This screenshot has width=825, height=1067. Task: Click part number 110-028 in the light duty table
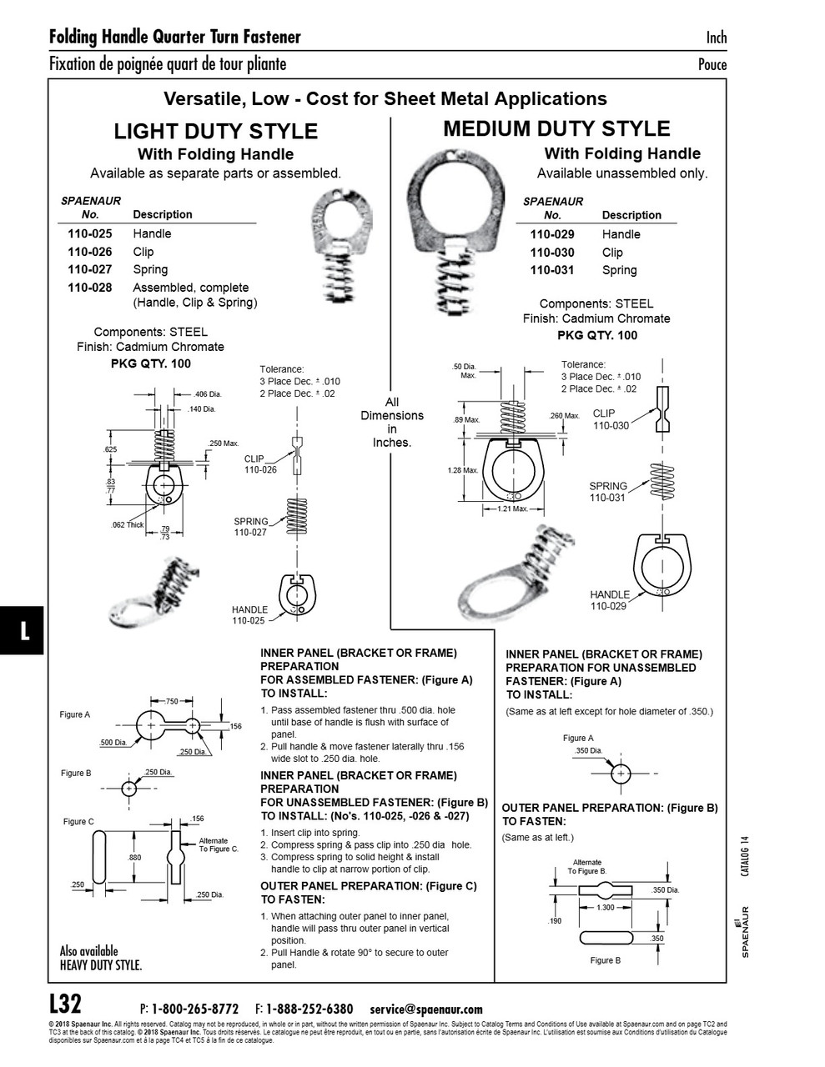89,288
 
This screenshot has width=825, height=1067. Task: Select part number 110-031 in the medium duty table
552,270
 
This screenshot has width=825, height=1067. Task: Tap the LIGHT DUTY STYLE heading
215,132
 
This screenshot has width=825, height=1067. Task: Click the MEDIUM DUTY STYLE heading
556,129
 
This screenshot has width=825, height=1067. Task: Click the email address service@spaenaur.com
425,1009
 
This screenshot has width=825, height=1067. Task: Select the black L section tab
24,631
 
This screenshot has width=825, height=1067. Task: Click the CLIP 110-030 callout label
611,419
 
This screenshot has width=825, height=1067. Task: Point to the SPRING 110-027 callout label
250,527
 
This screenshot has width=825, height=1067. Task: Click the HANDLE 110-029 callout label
609,600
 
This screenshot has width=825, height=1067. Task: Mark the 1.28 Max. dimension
463,471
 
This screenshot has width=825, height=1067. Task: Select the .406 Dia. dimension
207,394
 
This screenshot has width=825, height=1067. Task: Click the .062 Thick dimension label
128,525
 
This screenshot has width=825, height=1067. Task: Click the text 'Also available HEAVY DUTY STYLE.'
100,958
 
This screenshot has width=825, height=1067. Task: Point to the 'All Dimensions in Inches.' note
392,423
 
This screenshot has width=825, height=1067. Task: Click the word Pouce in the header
712,65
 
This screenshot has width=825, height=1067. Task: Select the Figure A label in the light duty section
75,714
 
